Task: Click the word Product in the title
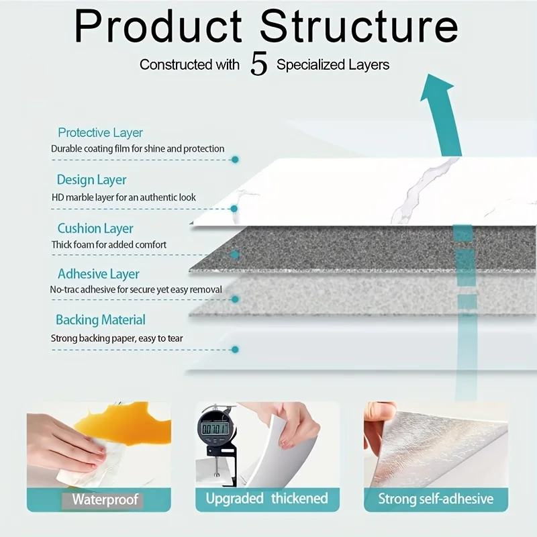[x=158, y=28]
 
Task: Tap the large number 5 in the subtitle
[x=259, y=64]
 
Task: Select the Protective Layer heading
[x=100, y=133]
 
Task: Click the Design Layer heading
[x=91, y=180]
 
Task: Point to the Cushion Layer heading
[x=95, y=229]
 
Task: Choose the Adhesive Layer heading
[x=99, y=274]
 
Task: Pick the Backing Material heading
[x=101, y=320]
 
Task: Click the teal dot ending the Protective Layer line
[x=235, y=160]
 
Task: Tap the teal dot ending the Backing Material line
[x=235, y=350]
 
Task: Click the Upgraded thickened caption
[x=266, y=499]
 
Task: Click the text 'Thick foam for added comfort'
[x=109, y=245]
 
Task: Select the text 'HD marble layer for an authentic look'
[x=124, y=197]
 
